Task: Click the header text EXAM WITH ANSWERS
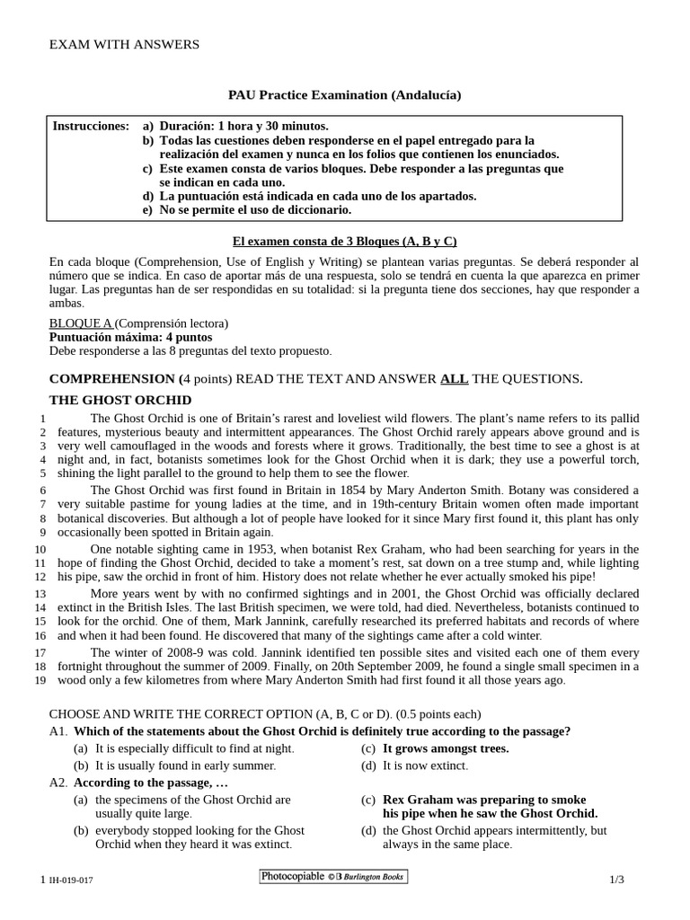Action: point(124,44)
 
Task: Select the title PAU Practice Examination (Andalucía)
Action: point(344,94)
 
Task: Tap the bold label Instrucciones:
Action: point(91,127)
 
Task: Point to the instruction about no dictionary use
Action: point(255,209)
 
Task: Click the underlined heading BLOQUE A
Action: point(80,323)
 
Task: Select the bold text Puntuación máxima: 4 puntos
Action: point(130,337)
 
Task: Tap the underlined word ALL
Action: point(453,378)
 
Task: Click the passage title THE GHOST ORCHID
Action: point(119,400)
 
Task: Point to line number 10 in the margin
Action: point(40,549)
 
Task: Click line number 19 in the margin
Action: point(40,680)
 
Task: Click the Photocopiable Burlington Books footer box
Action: point(332,877)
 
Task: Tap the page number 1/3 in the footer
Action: point(615,880)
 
